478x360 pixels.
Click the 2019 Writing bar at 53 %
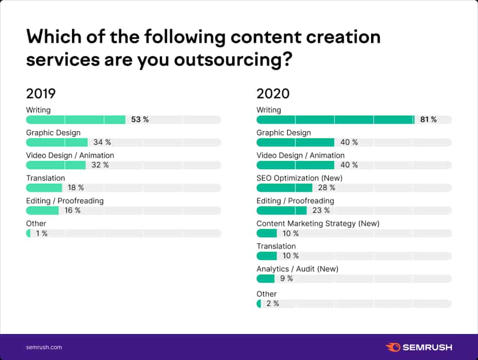pyautogui.click(x=76, y=120)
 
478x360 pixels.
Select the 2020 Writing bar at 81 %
pyautogui.click(x=335, y=120)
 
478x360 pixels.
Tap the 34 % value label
pyautogui.click(x=102, y=142)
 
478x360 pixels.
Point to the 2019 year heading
pyautogui.click(x=41, y=93)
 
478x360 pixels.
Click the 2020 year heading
pyautogui.click(x=273, y=93)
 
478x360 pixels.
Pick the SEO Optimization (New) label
pyautogui.click(x=299, y=178)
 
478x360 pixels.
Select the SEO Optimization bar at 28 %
pyautogui.click(x=284, y=188)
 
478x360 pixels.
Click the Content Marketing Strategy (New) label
pyautogui.click(x=318, y=223)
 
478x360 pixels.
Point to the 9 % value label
pyautogui.click(x=286, y=279)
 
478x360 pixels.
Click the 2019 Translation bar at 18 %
pyautogui.click(x=44, y=188)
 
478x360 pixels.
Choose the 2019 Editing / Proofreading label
pyautogui.click(x=64, y=201)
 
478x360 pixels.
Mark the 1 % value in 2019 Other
pyautogui.click(x=42, y=233)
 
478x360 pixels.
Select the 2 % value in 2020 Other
pyautogui.click(x=273, y=304)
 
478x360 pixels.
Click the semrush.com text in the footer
pyautogui.click(x=44, y=347)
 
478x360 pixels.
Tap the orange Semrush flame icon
pyautogui.click(x=393, y=347)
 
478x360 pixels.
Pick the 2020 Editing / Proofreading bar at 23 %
pyautogui.click(x=281, y=211)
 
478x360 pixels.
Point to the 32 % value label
pyautogui.click(x=99, y=165)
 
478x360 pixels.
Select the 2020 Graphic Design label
pyautogui.click(x=283, y=132)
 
